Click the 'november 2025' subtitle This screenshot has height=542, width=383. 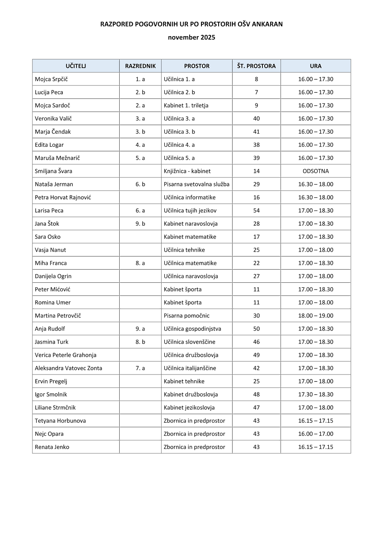coord(191,37)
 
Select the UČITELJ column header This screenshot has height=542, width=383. coord(75,66)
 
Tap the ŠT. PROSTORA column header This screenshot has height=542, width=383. coord(256,66)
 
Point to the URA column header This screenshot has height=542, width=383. coord(316,66)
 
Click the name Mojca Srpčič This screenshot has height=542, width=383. coord(51,79)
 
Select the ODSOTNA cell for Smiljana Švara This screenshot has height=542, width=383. coord(316,171)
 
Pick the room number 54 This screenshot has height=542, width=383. coord(256,210)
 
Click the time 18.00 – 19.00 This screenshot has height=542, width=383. coord(316,316)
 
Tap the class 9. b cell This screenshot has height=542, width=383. coord(140,224)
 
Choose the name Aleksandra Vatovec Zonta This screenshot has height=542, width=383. coord(68,368)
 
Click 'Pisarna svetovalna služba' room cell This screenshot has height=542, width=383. coord(196,184)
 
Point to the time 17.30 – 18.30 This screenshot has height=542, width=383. coord(316,394)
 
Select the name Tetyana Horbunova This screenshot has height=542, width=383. coord(60,421)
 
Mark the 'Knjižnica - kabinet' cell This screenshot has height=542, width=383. coord(187,171)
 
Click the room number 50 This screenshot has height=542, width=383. coord(256,329)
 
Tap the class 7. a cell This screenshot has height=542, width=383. coord(140,368)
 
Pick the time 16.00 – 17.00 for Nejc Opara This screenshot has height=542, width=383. coord(316,434)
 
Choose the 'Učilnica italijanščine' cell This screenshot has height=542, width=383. coord(190,368)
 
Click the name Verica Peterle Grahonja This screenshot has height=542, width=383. coord(65,355)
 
